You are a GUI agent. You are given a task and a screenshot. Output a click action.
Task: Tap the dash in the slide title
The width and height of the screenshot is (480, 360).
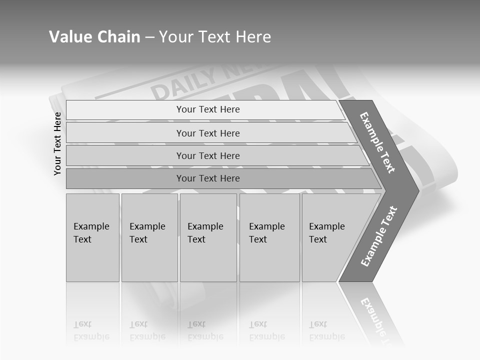coord(149,37)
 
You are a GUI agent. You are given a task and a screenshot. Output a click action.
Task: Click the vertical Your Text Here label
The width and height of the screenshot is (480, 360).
coord(57,143)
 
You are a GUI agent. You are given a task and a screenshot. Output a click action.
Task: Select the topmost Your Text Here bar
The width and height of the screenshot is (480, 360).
coord(207,109)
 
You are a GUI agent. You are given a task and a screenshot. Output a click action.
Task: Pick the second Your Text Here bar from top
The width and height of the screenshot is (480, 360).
coord(207,133)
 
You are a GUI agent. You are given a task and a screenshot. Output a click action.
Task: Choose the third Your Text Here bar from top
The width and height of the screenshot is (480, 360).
coord(207,155)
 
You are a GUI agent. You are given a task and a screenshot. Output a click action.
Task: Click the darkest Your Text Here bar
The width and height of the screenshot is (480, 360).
coord(207,178)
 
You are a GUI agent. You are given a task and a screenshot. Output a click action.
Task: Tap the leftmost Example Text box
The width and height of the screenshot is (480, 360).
coord(92,237)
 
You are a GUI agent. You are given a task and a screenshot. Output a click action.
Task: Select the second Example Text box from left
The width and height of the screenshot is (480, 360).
coord(149,237)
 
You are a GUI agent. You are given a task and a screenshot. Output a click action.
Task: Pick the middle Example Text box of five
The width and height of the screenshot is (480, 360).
coord(208,237)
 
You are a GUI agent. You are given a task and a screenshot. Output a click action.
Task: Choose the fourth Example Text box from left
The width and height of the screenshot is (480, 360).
coord(269,237)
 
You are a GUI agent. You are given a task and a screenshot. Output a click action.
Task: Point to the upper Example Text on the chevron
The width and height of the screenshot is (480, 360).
coord(377,142)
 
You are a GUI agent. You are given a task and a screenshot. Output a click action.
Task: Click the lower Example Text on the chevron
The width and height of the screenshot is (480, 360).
coord(379,236)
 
